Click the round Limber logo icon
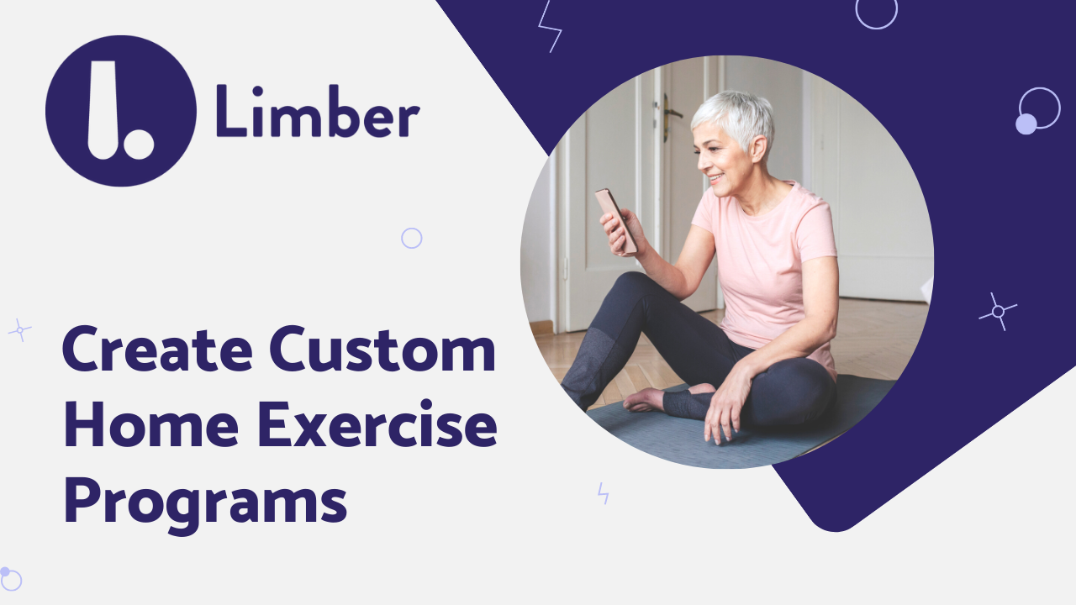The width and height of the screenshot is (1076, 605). point(121,111)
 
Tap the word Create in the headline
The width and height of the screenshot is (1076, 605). point(158,352)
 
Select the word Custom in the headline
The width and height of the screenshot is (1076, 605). point(382,352)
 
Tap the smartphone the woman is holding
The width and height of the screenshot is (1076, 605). point(615,219)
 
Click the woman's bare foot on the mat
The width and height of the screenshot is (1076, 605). point(646,398)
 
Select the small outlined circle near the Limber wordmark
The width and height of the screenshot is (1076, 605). point(411,239)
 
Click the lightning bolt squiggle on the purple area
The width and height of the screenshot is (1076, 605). point(550,26)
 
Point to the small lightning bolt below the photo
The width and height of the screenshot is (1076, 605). point(603,493)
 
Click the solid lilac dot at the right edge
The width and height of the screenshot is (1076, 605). point(1026,124)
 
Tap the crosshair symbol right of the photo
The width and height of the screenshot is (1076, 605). point(998,311)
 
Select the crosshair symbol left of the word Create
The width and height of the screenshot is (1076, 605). point(19,329)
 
